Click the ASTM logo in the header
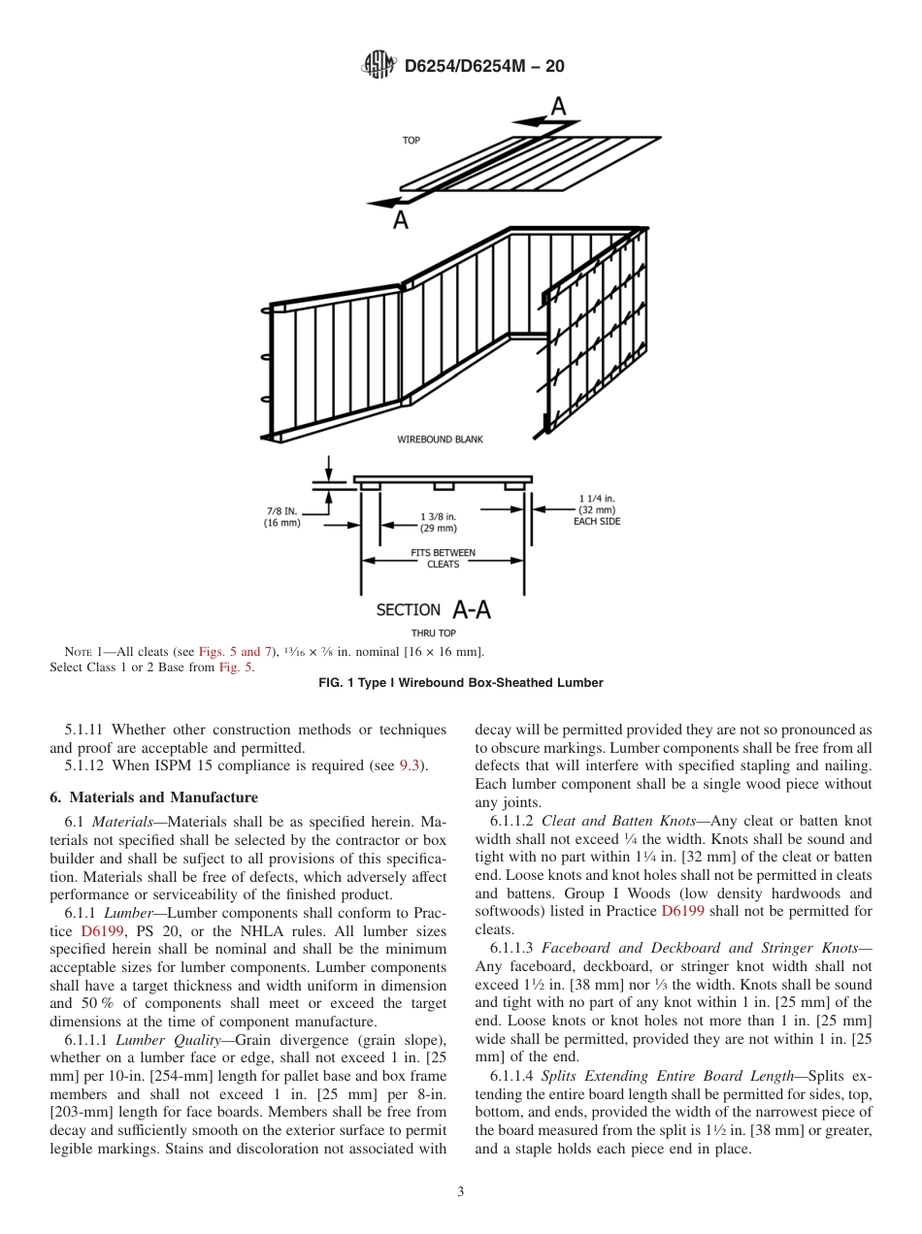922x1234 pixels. [379, 66]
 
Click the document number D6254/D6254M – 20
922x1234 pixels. [483, 66]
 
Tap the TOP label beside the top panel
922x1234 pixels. [412, 141]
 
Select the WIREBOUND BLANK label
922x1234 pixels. [440, 439]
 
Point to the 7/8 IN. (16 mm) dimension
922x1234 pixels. [282, 516]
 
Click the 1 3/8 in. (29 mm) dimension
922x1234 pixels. [439, 522]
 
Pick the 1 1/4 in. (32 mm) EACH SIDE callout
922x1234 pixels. [597, 509]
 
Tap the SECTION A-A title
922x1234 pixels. [433, 609]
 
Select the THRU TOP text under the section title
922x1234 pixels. [433, 633]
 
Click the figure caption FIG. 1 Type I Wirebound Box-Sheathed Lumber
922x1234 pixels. [461, 683]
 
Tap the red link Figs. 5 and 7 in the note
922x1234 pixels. [237, 650]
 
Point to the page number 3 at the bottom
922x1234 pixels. [461, 1191]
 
